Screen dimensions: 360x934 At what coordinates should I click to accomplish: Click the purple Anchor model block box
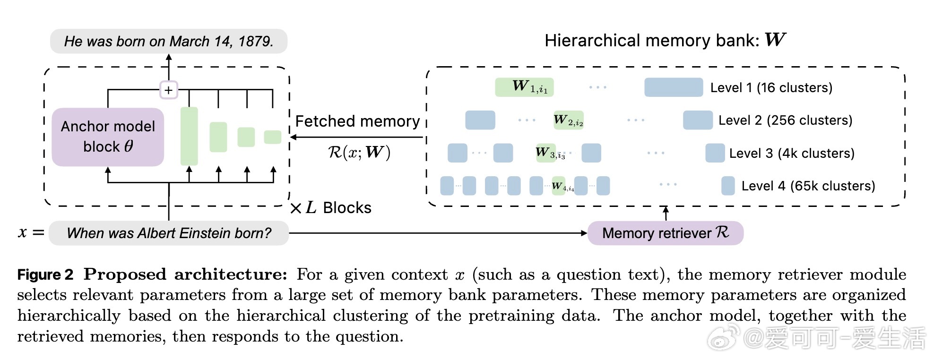tap(108, 137)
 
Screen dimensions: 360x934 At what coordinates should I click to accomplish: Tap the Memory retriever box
tap(665, 233)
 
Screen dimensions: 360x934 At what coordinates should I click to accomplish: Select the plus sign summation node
tap(169, 90)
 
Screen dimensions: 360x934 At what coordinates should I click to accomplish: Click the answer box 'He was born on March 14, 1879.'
tap(169, 41)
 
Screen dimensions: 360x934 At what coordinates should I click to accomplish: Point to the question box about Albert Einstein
tap(169, 233)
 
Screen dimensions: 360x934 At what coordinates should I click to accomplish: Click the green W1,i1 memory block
tap(524, 87)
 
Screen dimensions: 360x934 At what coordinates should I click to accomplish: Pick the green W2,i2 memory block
tap(569, 120)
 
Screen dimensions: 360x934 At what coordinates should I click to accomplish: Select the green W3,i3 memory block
tap(546, 153)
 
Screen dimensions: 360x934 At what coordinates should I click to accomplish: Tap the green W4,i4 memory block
tap(559, 186)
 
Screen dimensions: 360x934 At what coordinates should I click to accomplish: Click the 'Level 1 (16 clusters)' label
tap(771, 87)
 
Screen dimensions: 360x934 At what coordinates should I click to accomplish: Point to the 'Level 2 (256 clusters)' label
tap(785, 120)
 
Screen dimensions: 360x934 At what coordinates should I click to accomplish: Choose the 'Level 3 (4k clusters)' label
tap(792, 153)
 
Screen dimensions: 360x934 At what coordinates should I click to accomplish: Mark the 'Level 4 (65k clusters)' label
tap(808, 186)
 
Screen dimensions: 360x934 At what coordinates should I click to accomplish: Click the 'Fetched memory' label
tap(357, 121)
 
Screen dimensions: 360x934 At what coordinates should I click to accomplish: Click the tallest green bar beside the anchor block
tap(189, 136)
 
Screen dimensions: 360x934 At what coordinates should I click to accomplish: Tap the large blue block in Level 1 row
tap(674, 87)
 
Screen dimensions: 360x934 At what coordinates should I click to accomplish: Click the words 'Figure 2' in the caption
tap(45, 274)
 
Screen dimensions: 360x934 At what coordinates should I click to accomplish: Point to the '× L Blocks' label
tap(331, 208)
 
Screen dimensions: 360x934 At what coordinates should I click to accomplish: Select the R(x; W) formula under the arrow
tap(359, 152)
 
